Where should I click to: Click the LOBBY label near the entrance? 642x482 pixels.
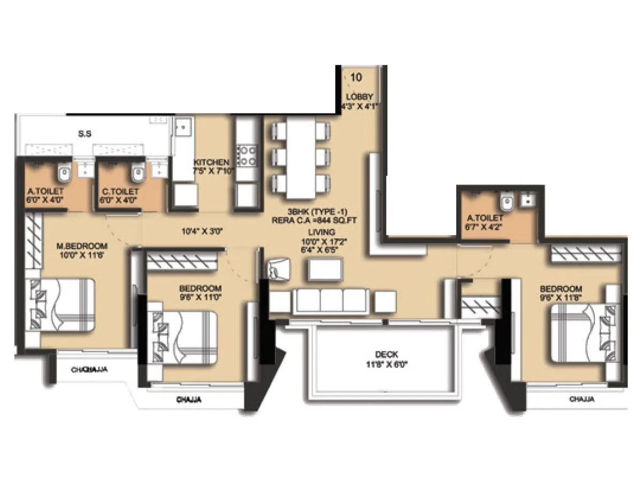point(356,96)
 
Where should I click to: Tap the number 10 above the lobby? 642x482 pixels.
point(356,77)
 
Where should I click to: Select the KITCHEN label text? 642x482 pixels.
point(212,162)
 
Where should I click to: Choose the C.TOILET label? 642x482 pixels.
point(119,191)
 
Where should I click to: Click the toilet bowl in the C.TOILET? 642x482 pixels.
point(138,172)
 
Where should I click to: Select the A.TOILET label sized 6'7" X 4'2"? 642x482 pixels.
point(485,218)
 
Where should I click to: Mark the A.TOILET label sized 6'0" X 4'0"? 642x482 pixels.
point(45,191)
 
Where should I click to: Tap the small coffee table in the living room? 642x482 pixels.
point(325,269)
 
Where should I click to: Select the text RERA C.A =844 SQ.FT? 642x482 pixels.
point(322,220)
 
